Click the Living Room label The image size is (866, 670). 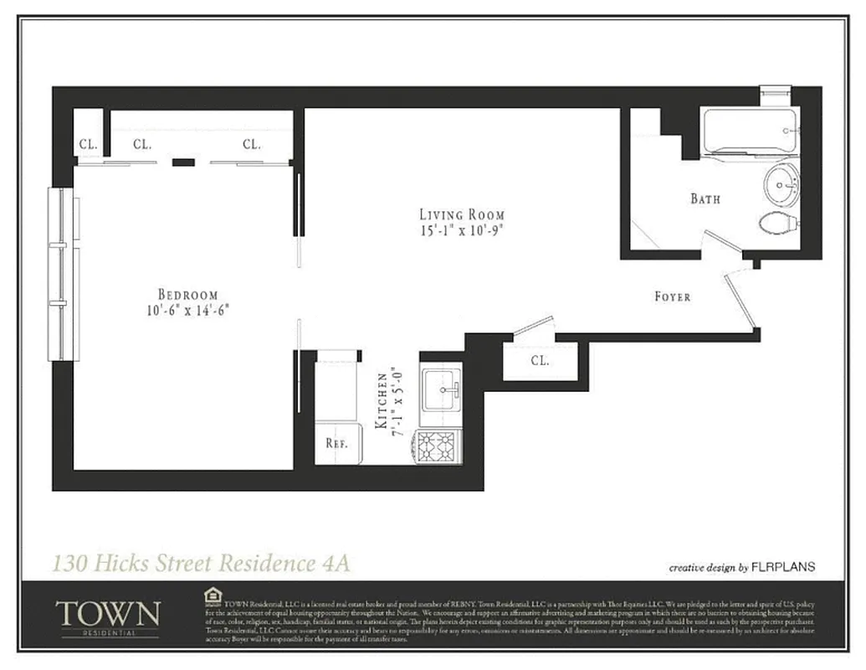click(x=462, y=214)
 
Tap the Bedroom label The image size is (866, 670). click(x=187, y=294)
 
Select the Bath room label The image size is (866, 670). click(x=705, y=199)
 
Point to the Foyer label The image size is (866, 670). click(x=672, y=296)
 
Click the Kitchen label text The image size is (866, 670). click(x=382, y=402)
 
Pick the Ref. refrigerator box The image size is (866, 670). click(x=336, y=444)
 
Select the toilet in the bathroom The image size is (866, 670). click(x=779, y=224)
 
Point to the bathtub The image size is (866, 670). click(x=749, y=131)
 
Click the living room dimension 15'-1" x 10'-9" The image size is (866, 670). click(x=462, y=229)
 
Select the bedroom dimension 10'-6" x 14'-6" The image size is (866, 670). click(x=187, y=309)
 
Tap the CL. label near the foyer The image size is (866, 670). click(x=540, y=361)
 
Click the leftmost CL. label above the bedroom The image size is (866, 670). click(x=88, y=144)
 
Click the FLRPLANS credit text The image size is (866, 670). click(x=783, y=567)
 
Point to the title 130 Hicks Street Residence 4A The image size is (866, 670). click(x=201, y=562)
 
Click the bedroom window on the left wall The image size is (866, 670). click(x=64, y=274)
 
